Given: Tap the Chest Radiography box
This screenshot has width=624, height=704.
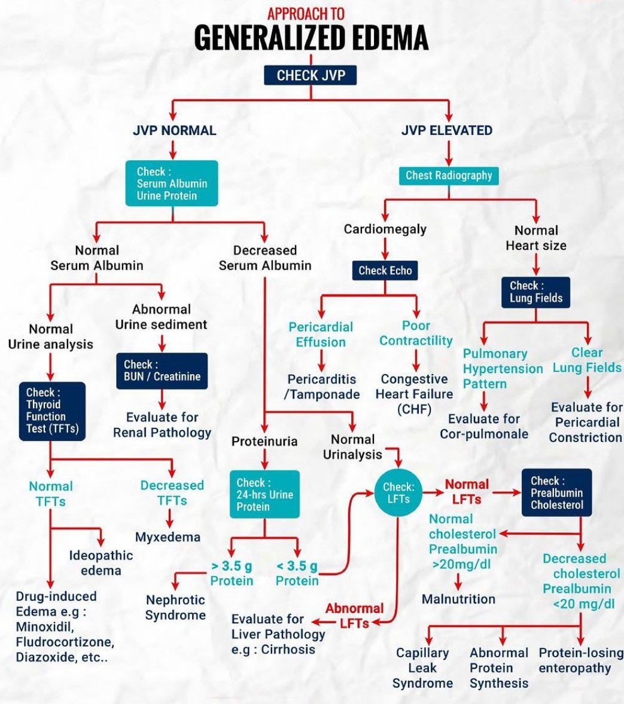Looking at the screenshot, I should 448,175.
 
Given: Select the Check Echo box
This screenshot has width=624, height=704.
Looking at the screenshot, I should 385,270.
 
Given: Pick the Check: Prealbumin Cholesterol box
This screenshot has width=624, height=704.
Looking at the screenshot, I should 556,492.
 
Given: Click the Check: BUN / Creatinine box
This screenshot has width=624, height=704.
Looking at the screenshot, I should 162,371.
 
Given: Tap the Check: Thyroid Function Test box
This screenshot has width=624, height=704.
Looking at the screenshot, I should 52,411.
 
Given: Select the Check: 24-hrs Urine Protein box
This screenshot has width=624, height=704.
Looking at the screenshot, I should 264,494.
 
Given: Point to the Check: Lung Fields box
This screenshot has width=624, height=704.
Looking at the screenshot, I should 536,292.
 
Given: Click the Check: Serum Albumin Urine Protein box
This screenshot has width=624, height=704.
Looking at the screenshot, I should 171,183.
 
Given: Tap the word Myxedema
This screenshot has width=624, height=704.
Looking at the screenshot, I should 168,537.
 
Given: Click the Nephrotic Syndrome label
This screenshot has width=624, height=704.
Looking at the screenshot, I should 175,607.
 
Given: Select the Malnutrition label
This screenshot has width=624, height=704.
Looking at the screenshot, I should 458,599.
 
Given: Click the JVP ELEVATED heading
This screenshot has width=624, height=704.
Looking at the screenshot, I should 447,130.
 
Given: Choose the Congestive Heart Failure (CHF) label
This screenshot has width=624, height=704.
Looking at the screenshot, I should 414,394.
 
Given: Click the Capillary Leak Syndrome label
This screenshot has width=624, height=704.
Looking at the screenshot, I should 422,668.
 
